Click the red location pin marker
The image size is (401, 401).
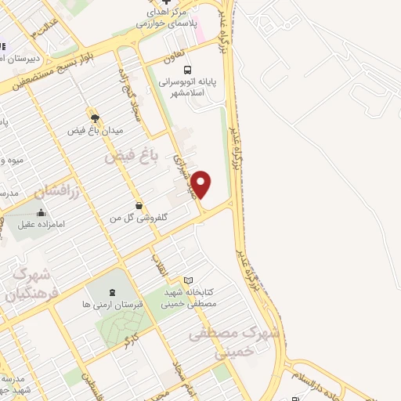coord(202,183)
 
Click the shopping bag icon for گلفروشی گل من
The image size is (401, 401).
coord(139,205)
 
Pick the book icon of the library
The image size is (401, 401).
coord(188,280)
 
